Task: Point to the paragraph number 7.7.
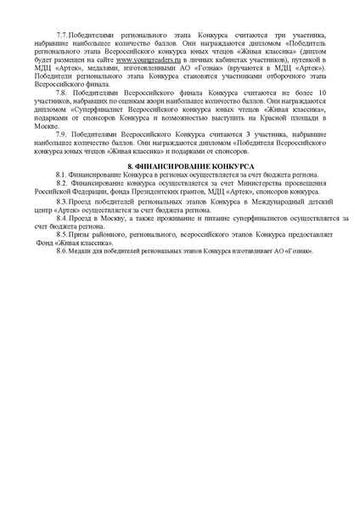62,32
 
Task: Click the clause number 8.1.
61,172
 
